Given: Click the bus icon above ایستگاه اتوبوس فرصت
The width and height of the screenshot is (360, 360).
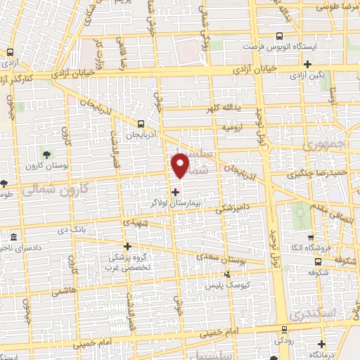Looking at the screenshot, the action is (x=280, y=36).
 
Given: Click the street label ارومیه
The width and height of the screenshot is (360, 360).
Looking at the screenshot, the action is (x=233, y=128).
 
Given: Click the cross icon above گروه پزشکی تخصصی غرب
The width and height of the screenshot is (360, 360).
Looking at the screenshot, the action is (x=127, y=246).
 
